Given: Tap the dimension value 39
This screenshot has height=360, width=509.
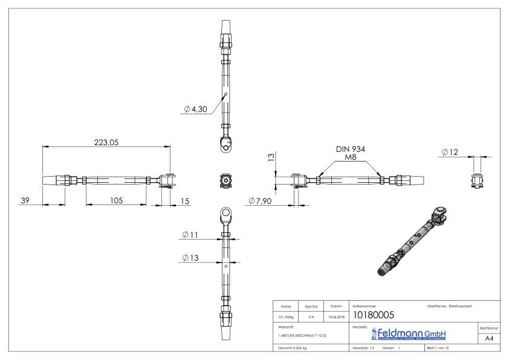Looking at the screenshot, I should coord(25,200).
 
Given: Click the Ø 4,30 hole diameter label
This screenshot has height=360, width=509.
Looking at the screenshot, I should coord(196,110).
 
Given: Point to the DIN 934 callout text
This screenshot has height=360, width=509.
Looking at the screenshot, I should coord(351,149).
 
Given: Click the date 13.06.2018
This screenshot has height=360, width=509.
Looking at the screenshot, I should coord(336,315).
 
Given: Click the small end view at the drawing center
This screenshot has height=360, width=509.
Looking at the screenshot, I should coord(225,180).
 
